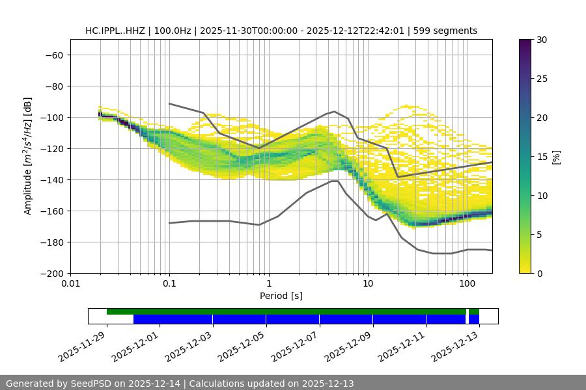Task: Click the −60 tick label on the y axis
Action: pos(53,55)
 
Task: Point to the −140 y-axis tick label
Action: pos(51,180)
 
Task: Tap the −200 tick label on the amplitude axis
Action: pos(51,274)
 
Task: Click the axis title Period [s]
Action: pos(281,296)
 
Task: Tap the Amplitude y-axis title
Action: pos(28,157)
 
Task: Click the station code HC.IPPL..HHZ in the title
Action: pos(115,31)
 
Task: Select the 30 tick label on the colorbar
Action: pos(542,40)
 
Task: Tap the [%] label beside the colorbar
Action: pos(555,157)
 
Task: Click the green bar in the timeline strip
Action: pos(286,311)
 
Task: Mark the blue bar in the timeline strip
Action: pos(300,319)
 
